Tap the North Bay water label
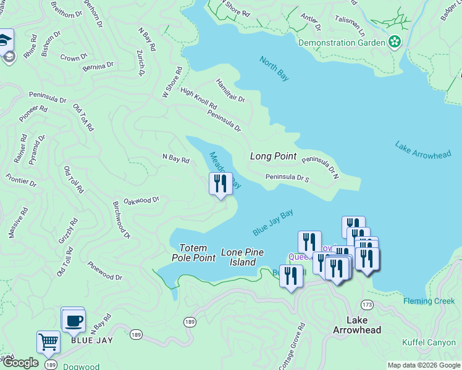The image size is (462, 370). pos(274,68)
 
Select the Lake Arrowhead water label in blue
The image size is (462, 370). pos(423,150)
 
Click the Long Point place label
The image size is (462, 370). pos(273,157)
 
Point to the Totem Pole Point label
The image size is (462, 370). pos(193,253)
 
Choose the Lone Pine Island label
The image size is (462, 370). pos(242,257)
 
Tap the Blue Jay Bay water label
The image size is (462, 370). pos(272,223)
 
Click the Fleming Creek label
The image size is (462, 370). pos(429,301)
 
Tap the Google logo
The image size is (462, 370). pos(20,363)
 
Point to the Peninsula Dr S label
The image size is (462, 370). pos(287,178)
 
